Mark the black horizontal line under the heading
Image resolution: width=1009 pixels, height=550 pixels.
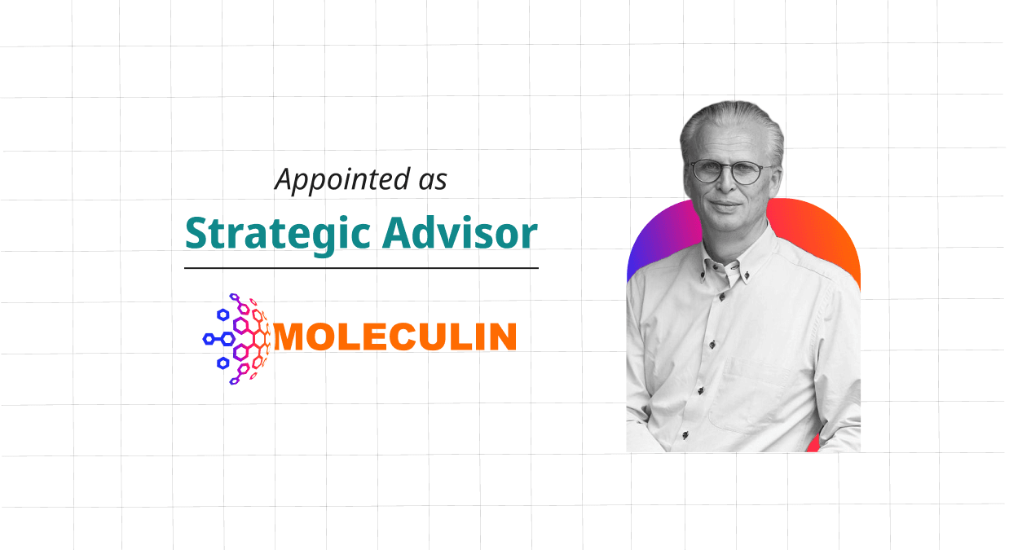361,267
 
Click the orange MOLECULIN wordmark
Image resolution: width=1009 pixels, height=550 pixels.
395,337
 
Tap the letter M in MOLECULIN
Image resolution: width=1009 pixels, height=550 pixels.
291,337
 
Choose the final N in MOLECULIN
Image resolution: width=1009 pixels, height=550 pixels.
501,337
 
